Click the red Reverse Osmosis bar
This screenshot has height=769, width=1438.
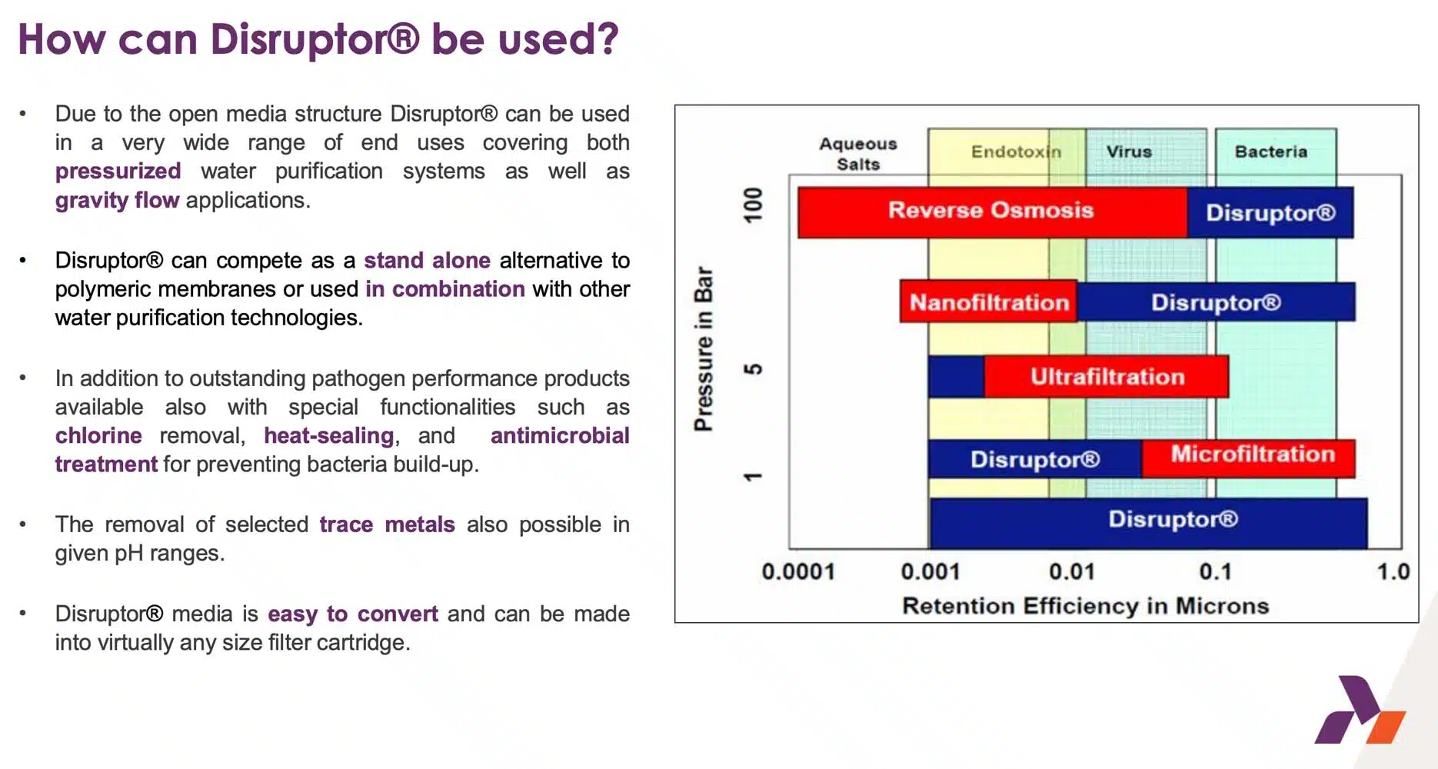(x=992, y=211)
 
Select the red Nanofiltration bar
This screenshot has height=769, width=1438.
(x=988, y=301)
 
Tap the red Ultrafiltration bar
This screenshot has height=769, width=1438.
(x=1106, y=376)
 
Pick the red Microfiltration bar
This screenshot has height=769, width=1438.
(x=1248, y=458)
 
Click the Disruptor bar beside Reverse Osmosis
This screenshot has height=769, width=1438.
(x=1270, y=212)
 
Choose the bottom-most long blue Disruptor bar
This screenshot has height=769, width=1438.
(x=1148, y=523)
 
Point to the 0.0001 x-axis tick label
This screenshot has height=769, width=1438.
(x=797, y=571)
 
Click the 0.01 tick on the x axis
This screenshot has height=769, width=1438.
(x=1072, y=571)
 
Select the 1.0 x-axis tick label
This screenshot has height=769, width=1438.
(x=1393, y=571)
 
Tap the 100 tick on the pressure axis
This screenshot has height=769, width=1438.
(x=753, y=205)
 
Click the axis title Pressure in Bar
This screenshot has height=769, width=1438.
(x=704, y=348)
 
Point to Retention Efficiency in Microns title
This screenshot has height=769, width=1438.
(x=1085, y=606)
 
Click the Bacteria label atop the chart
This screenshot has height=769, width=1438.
(x=1270, y=151)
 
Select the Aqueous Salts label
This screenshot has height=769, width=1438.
(x=858, y=154)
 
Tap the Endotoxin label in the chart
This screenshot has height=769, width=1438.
(x=1016, y=151)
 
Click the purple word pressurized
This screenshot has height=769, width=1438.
(x=118, y=171)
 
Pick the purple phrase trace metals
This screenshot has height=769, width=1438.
(x=387, y=524)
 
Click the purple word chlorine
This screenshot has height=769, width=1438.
(x=98, y=435)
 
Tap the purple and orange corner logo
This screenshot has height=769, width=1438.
(x=1360, y=710)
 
